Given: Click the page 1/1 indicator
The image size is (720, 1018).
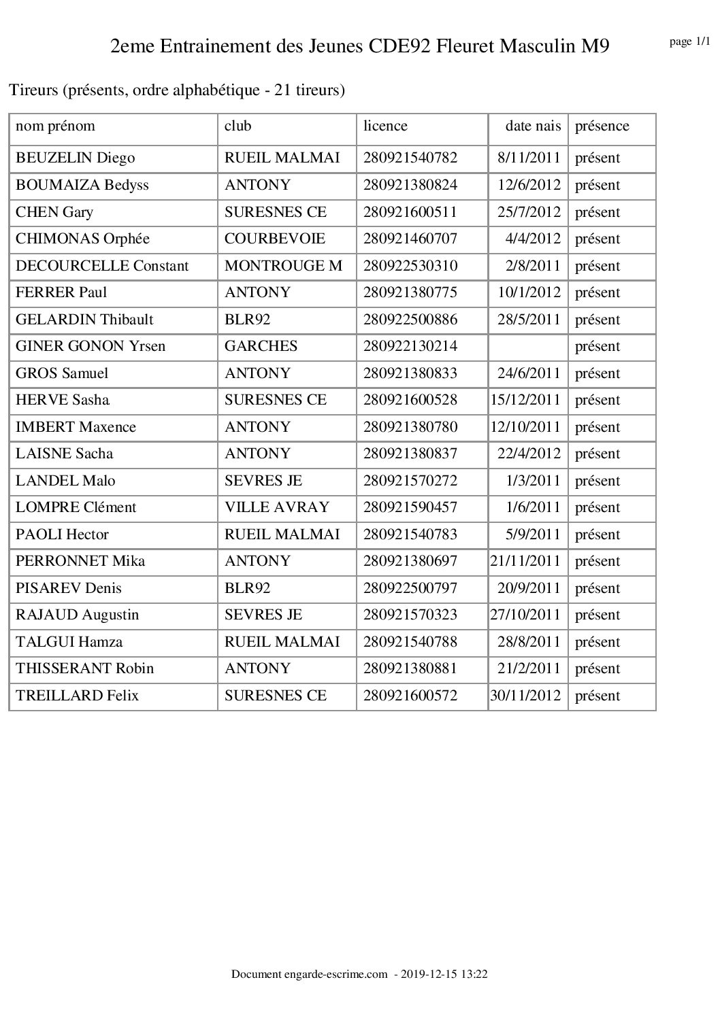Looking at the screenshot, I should click(690, 42).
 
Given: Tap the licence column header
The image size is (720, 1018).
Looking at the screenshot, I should click(385, 126).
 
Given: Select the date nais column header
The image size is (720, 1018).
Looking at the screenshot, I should click(533, 126).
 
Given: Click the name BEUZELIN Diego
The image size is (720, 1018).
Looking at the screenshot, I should click(76, 158).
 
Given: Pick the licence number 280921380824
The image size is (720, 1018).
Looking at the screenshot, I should click(410, 185).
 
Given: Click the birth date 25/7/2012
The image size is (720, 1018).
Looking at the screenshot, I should click(529, 212).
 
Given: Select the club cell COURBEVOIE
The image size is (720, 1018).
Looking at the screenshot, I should click(275, 239).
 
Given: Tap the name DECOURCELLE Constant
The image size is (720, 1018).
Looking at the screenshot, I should click(102, 266).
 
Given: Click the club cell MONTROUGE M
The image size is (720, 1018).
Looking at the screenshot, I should click(283, 266).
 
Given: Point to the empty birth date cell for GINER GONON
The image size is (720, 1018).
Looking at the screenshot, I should click(528, 346).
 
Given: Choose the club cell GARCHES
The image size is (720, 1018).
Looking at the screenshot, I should click(261, 346).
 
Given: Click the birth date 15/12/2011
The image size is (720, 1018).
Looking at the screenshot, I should click(525, 400).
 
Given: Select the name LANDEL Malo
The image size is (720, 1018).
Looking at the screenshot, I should click(65, 481).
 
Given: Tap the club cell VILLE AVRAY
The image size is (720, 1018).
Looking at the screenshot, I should click(276, 507).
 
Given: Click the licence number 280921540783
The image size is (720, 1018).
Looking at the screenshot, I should click(410, 535).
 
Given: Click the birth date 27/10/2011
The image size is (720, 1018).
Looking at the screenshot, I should click(525, 615).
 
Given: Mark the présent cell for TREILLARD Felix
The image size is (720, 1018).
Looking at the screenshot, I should click(598, 696).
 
